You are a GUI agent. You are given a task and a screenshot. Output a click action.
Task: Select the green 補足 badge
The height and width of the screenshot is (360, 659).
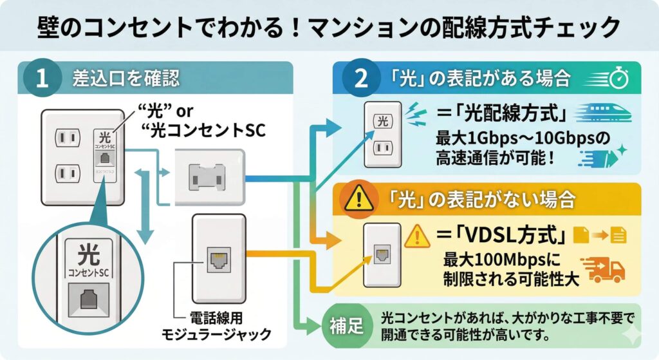tap(343, 325)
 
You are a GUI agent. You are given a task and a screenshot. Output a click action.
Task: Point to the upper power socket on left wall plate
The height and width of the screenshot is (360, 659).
tap(67, 137)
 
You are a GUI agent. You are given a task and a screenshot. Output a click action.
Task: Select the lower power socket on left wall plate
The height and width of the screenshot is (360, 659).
tap(67, 173)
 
